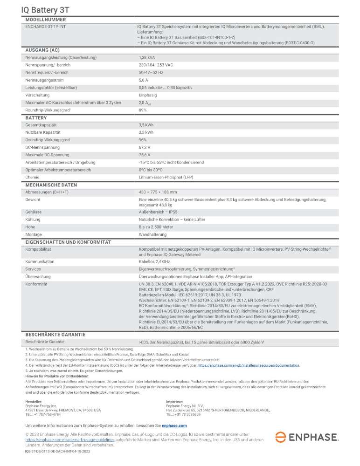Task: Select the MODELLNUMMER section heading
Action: click(x=45, y=20)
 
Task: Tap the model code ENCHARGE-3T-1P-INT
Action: click(x=46, y=27)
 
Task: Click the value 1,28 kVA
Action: click(x=147, y=57)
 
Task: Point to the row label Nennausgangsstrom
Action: click(x=46, y=80)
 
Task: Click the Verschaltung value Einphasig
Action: click(x=148, y=95)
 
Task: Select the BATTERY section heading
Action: click(x=36, y=118)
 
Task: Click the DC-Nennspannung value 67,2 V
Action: click(x=145, y=147)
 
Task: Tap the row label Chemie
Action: click(x=33, y=177)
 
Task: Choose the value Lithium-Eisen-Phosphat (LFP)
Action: click(x=167, y=177)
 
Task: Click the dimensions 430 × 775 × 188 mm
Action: click(x=158, y=192)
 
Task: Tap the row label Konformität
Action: click(x=37, y=284)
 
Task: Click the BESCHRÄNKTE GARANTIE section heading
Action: click(x=55, y=335)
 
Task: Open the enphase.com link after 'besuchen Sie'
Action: click(x=174, y=425)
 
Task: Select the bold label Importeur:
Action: click(x=175, y=401)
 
